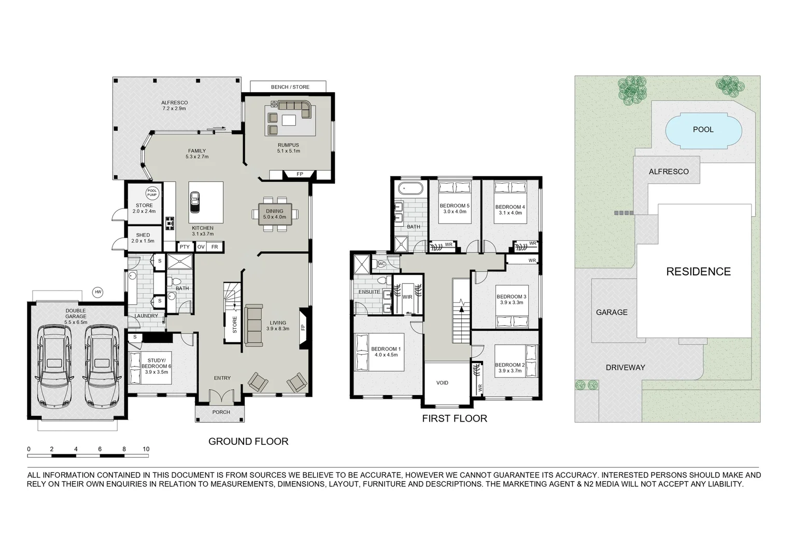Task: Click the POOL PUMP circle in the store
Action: pyautogui.click(x=152, y=193)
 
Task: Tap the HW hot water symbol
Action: pyautogui.click(x=98, y=292)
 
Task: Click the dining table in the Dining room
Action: pyautogui.click(x=275, y=214)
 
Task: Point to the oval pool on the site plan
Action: pyautogui.click(x=703, y=130)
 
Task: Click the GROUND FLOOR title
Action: pyautogui.click(x=248, y=442)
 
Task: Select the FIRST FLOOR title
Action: pyautogui.click(x=455, y=418)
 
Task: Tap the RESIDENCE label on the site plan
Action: pyautogui.click(x=698, y=272)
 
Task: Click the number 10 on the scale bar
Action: pyautogui.click(x=146, y=450)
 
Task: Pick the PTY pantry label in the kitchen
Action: pyautogui.click(x=185, y=247)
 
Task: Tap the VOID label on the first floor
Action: pyautogui.click(x=442, y=383)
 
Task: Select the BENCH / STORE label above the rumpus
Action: pyautogui.click(x=290, y=87)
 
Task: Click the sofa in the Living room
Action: pyautogui.click(x=253, y=325)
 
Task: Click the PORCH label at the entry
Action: pyautogui.click(x=221, y=413)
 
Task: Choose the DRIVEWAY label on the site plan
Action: pyautogui.click(x=625, y=368)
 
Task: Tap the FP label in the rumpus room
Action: pyautogui.click(x=300, y=174)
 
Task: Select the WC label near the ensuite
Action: pyautogui.click(x=381, y=264)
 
